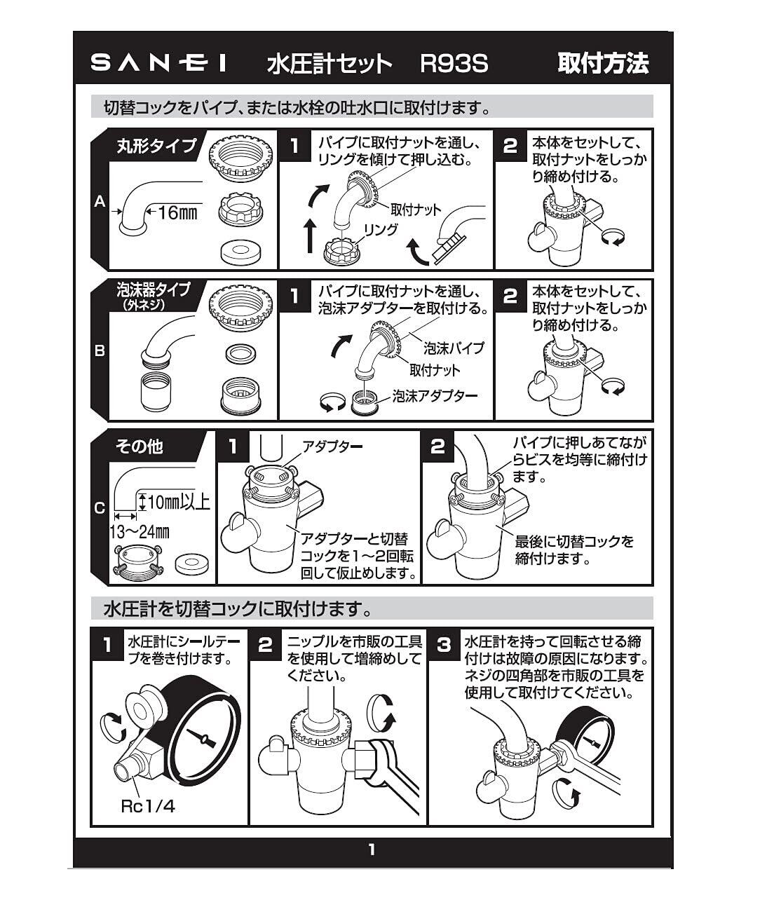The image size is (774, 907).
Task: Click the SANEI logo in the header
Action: [158, 63]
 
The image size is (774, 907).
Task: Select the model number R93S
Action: [454, 63]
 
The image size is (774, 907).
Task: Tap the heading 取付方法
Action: [603, 63]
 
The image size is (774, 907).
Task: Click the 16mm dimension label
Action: [177, 213]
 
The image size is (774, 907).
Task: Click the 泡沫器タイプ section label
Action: [154, 289]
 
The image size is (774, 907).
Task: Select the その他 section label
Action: [140, 446]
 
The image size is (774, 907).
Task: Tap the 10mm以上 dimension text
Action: [179, 502]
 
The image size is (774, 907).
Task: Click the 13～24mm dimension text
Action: [140, 532]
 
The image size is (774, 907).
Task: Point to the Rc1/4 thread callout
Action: [147, 806]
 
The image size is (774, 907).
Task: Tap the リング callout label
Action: [381, 229]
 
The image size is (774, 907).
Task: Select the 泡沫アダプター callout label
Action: [435, 396]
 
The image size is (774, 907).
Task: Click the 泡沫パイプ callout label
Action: [454, 348]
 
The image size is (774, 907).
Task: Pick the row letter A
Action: [100, 201]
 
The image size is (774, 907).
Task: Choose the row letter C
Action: [100, 508]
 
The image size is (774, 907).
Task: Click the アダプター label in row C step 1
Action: [332, 446]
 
